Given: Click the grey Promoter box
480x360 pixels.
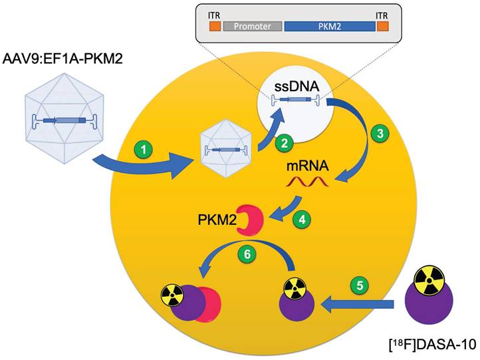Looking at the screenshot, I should [252, 27].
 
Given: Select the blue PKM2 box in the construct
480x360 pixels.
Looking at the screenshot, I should [329, 27].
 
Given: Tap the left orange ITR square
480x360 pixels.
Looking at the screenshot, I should [214, 27].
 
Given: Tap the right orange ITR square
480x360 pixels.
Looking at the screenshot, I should [383, 27].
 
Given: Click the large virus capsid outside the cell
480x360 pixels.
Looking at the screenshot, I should [64, 120].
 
